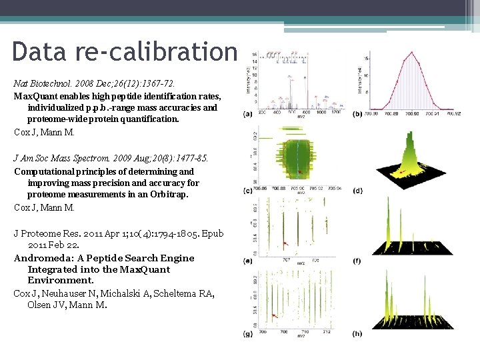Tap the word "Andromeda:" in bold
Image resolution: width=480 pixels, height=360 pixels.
pos(48,258)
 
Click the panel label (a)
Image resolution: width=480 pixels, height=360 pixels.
pos(248,114)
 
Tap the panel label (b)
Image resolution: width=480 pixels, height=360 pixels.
pos(357,114)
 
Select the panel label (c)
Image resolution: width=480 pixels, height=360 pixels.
pos(248,191)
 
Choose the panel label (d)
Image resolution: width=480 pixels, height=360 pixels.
pos(357,191)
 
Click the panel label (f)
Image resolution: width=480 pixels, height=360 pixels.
pos(357,261)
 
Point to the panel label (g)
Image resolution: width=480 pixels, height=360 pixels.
pos(248,333)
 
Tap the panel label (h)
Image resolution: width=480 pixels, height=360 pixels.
pos(357,333)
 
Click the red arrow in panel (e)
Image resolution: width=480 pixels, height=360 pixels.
pos(286,244)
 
